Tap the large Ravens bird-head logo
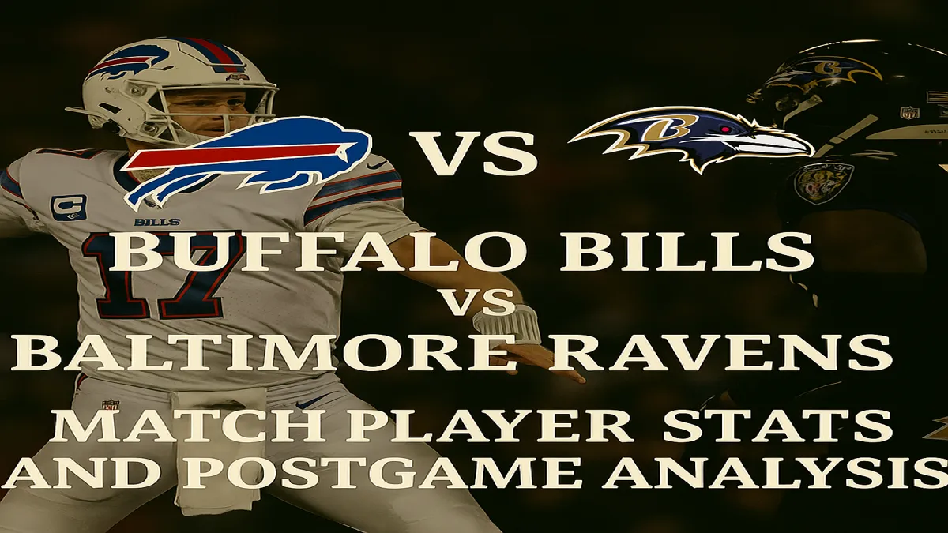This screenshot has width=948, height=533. coord(691,138)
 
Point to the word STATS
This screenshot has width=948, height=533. coord(777,426)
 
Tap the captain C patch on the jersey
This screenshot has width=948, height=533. coord(68,208)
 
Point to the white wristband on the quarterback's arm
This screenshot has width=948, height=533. coord(506,325)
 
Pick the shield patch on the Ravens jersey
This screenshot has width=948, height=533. coord(823,183)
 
